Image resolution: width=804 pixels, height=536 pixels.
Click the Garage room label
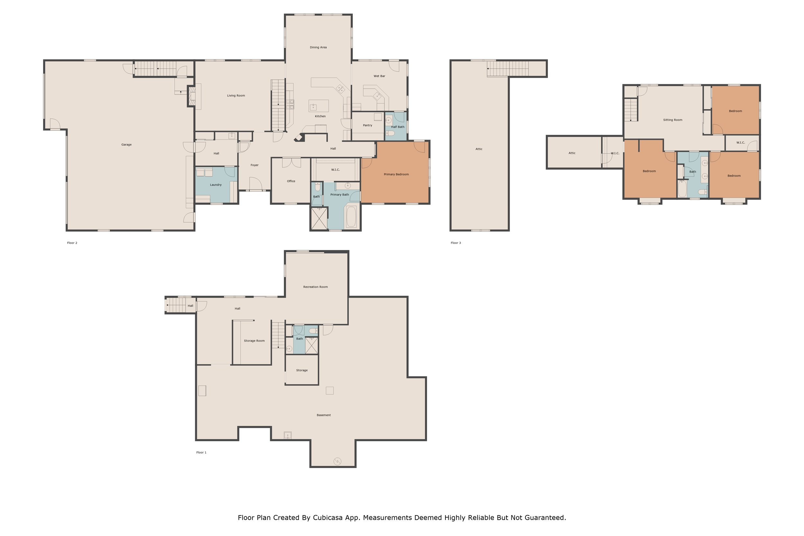click(x=126, y=145)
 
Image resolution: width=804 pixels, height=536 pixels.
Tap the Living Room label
click(x=236, y=96)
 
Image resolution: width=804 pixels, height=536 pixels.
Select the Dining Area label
click(x=318, y=48)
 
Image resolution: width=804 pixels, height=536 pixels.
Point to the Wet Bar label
click(x=379, y=76)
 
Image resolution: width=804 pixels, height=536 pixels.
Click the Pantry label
click(x=368, y=125)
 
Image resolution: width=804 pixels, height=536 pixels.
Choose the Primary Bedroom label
click(x=396, y=174)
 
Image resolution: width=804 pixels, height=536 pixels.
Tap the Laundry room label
click(x=216, y=185)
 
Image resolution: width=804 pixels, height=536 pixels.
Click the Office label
click(x=291, y=181)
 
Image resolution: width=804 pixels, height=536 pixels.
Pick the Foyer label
click(x=254, y=165)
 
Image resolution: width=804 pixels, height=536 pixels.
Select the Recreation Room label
click(x=315, y=287)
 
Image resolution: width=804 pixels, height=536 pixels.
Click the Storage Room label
click(x=254, y=341)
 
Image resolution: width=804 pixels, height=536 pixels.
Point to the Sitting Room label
click(x=673, y=120)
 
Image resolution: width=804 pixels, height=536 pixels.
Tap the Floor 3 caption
click(x=456, y=243)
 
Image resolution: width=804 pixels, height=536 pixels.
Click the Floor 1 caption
click(x=201, y=453)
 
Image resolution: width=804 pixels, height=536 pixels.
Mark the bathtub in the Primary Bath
click(x=351, y=216)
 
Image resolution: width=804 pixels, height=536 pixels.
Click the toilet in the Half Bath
click(x=390, y=133)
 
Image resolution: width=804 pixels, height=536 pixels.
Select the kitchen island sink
click(x=313, y=107)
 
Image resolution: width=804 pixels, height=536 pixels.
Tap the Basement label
click(x=324, y=415)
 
